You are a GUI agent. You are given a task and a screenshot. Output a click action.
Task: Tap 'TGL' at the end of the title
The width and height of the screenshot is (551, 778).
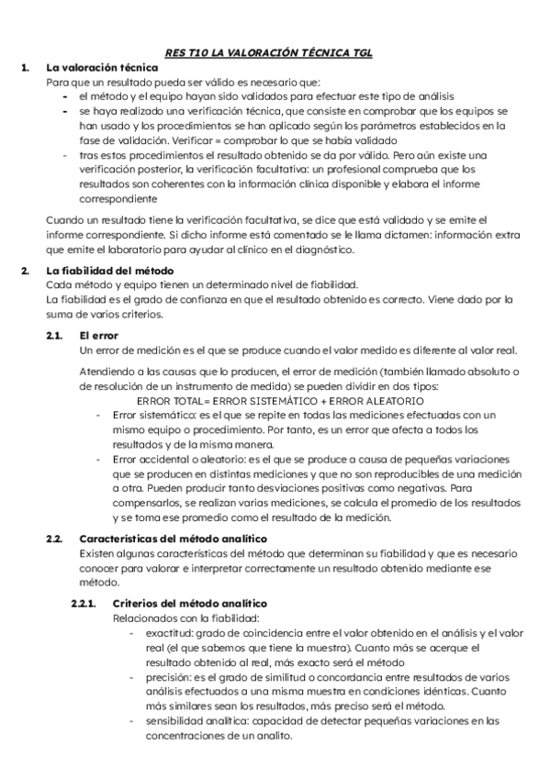[361, 53]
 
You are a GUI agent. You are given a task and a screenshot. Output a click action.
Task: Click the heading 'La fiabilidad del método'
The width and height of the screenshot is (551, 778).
[109, 271]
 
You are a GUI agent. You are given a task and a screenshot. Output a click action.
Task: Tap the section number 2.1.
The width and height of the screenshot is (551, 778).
[55, 336]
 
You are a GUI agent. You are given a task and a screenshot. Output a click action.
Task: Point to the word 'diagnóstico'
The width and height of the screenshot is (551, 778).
[319, 249]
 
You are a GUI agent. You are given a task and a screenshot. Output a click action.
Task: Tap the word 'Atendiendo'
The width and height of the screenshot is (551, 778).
[109, 372]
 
